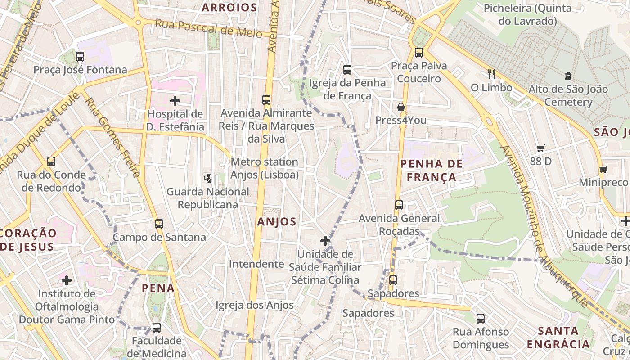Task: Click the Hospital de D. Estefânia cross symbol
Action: [x=175, y=101]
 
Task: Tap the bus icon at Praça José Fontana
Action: [x=80, y=57]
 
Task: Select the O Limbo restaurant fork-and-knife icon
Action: [x=491, y=74]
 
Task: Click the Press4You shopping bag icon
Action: [x=400, y=107]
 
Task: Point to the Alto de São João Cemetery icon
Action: [x=568, y=76]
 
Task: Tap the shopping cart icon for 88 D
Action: [x=540, y=148]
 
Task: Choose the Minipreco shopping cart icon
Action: [x=603, y=169]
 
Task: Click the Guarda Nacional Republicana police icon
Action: [x=207, y=178]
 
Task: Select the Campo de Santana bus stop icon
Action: [x=159, y=224]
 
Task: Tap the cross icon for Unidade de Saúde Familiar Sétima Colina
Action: [x=325, y=241]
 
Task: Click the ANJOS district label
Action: [x=277, y=221]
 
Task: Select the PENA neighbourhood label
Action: [x=158, y=288]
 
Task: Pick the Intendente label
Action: [x=256, y=264]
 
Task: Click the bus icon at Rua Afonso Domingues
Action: [x=481, y=319]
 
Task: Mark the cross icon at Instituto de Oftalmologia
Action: [x=67, y=281]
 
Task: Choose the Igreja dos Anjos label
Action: [x=255, y=305]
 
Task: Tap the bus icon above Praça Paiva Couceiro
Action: [x=419, y=53]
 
